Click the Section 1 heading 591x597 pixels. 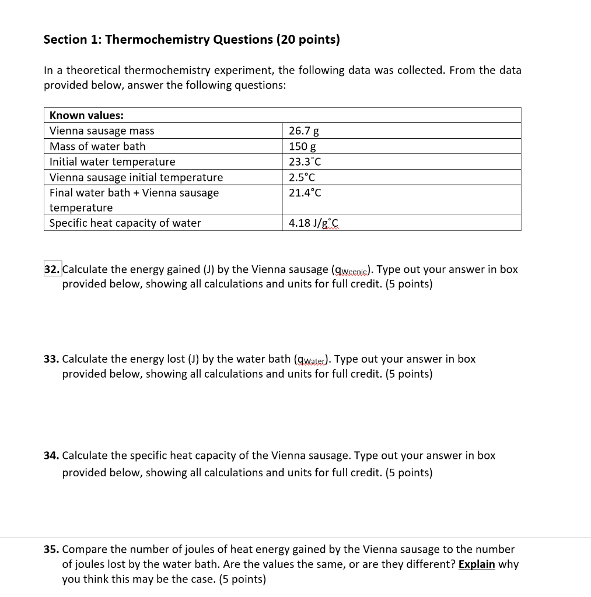pos(191,40)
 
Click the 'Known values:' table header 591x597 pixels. pos(86,115)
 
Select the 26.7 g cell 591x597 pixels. pos(303,131)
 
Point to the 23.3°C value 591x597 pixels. pos(305,161)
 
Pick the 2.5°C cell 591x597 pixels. pos(302,177)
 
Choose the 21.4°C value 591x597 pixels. pos(305,192)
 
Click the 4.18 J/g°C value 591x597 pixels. pos(313,223)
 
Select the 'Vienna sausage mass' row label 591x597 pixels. pos(102,131)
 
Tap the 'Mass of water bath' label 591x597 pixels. pos(97,146)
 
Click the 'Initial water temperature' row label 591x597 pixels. pos(112,161)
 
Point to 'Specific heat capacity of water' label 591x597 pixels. pos(125,223)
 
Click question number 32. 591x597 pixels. pos(52,269)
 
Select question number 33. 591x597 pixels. pos(51,359)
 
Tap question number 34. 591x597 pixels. pos(51,455)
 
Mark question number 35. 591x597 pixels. pos(51,549)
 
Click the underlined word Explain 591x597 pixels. pos(477,564)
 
